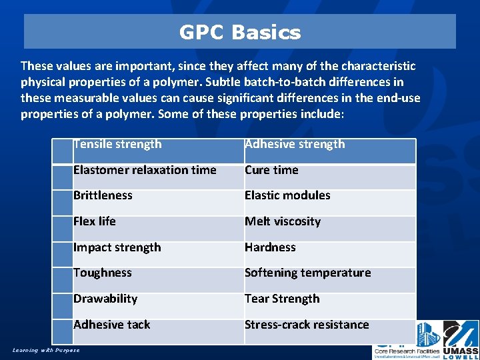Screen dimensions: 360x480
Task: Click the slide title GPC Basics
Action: pos(240,32)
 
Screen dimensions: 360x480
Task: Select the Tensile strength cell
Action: pos(118,144)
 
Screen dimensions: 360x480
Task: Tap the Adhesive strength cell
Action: pos(295,144)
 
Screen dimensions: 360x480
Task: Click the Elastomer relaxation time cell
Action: pos(145,170)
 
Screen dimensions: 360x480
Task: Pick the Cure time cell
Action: pos(271,170)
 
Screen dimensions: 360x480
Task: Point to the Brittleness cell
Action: pos(103,195)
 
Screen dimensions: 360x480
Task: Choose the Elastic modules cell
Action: pos(287,195)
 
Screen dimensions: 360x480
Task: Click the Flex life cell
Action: pos(95,221)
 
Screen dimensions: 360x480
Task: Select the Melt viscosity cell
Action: pos(283,221)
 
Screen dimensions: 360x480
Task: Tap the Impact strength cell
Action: pos(117,247)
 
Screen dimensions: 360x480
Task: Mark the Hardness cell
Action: pos(270,247)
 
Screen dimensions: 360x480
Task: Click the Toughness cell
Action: pos(103,273)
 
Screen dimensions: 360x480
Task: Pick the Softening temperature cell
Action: pos(307,273)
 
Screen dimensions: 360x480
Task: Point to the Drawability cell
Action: pos(105,299)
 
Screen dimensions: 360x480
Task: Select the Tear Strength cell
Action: pos(282,299)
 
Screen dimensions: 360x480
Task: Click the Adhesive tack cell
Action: pos(112,325)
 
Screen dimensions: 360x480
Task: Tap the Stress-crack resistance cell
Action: pos(307,325)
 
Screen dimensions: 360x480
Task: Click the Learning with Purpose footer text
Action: pos(46,350)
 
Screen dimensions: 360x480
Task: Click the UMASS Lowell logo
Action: pos(461,340)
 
